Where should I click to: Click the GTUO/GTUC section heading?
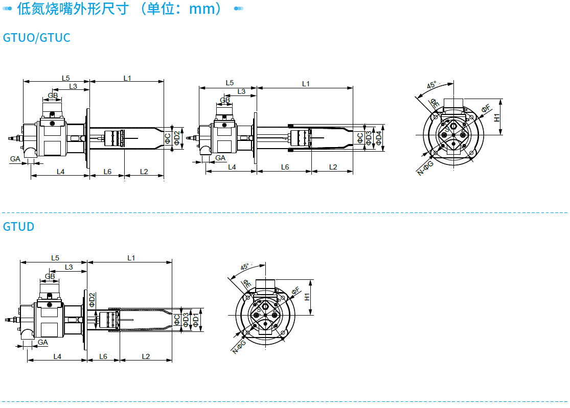[x=36, y=38]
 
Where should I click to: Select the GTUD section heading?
[x=18, y=226]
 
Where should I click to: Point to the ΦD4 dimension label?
[x=379, y=138]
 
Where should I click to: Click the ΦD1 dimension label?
[x=195, y=320]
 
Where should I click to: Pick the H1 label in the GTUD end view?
[x=308, y=296]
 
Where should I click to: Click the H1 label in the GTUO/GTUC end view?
[x=497, y=117]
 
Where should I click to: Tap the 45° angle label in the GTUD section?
[x=245, y=267]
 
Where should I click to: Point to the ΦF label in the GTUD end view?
[x=297, y=291]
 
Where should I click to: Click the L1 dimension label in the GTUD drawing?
[x=131, y=258]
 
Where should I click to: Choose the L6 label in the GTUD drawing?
[x=103, y=356]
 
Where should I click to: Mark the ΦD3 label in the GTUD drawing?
[x=186, y=320]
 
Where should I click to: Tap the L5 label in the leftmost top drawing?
[x=65, y=78]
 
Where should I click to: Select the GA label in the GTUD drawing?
[x=42, y=342]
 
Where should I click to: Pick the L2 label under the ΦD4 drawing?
[x=333, y=167]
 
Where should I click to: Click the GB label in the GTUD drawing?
[x=50, y=277]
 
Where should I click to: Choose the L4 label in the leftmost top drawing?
[x=60, y=172]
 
